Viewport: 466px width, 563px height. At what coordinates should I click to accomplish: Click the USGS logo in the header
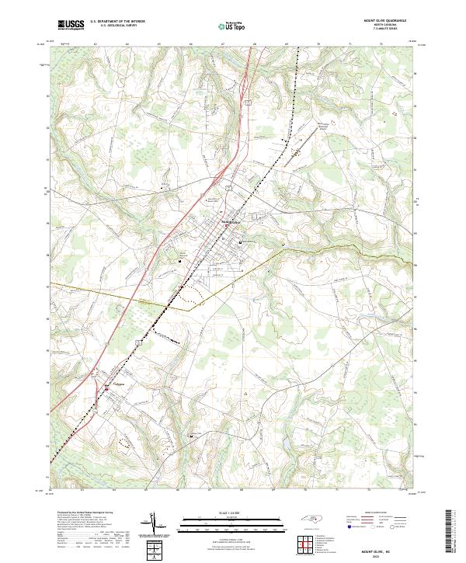click(71, 24)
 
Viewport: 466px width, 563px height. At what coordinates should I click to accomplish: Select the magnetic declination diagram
click(155, 524)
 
